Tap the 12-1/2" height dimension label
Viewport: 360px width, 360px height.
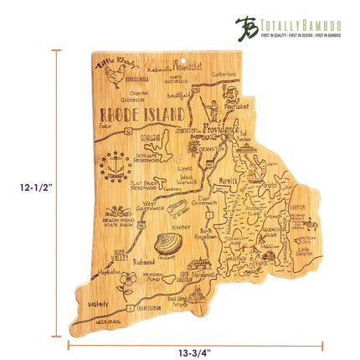23,188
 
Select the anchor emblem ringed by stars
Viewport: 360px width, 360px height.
116,166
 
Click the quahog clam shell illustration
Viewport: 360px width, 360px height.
167,245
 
